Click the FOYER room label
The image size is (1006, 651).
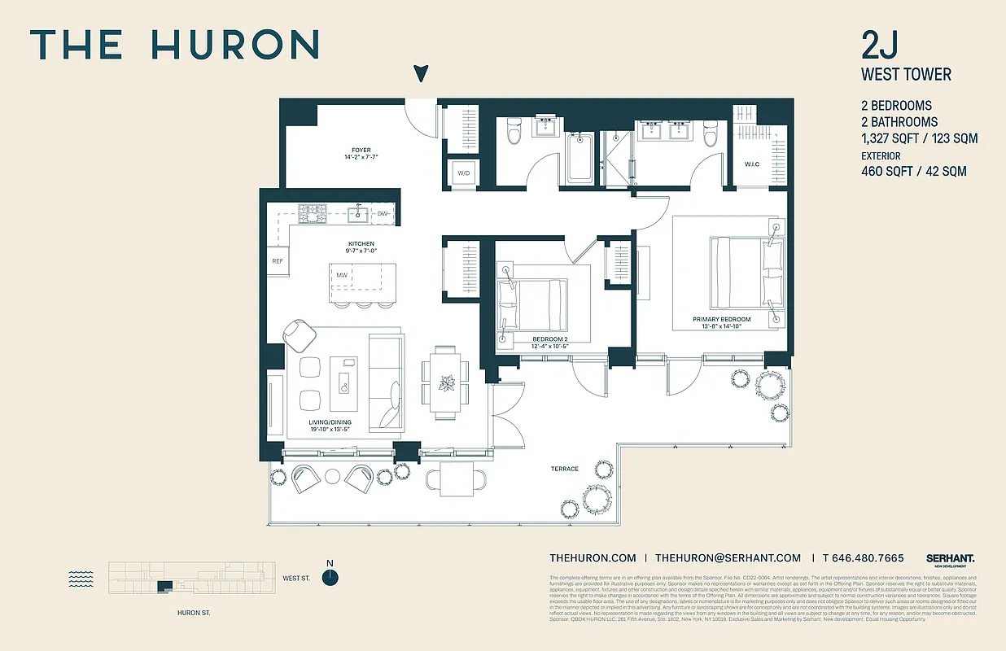[x=361, y=151]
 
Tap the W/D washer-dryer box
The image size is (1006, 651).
[x=464, y=173]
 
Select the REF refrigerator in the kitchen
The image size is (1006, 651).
[x=278, y=261]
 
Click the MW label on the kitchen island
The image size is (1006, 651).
[x=343, y=275]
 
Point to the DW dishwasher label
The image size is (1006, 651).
[x=383, y=214]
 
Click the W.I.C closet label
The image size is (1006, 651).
[x=751, y=164]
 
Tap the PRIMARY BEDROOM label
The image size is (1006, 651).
[x=722, y=320]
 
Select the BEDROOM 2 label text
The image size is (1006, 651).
[x=549, y=339]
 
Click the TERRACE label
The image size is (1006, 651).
[x=564, y=469]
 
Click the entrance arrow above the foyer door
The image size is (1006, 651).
[x=420, y=74]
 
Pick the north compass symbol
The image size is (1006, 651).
[x=330, y=576]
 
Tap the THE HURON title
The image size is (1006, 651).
[x=174, y=44]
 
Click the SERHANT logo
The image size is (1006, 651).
[x=950, y=558]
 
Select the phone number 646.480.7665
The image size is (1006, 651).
[x=863, y=558]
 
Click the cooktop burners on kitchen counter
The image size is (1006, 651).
[x=312, y=214]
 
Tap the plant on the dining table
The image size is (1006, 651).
[x=446, y=382]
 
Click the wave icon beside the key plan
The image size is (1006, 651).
[x=81, y=579]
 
